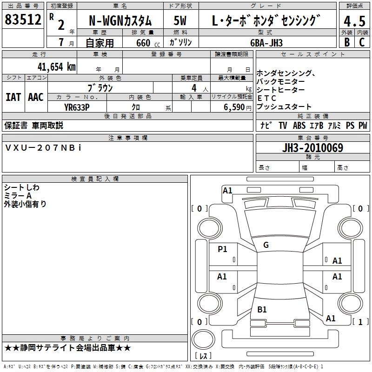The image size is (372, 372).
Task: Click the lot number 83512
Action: [x=23, y=19]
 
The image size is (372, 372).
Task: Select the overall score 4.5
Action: [x=354, y=21]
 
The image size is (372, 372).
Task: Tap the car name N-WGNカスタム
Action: [x=120, y=21]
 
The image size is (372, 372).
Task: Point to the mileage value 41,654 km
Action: [x=57, y=67]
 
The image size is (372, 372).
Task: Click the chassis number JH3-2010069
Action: [x=312, y=148]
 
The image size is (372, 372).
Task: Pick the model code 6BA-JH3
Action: [x=266, y=43]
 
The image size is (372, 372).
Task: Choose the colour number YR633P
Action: [x=77, y=107]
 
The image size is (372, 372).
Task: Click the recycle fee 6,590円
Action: [x=237, y=107]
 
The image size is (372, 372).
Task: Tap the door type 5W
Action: [x=180, y=20]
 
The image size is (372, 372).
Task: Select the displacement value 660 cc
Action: [x=148, y=43]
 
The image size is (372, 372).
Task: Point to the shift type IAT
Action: [x=13, y=97]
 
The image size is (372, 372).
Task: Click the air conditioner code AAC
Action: [x=36, y=97]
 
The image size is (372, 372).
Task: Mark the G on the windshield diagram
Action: [x=266, y=245]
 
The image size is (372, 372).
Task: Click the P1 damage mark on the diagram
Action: [x=222, y=249]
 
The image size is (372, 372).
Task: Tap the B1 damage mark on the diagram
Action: [x=262, y=310]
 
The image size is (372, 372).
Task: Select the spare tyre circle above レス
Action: [x=203, y=339]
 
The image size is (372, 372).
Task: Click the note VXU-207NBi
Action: [x=43, y=148]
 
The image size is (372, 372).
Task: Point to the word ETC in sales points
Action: [x=266, y=98]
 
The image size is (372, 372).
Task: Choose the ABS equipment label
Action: [x=299, y=126]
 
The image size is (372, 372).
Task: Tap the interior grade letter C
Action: [x=362, y=42]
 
